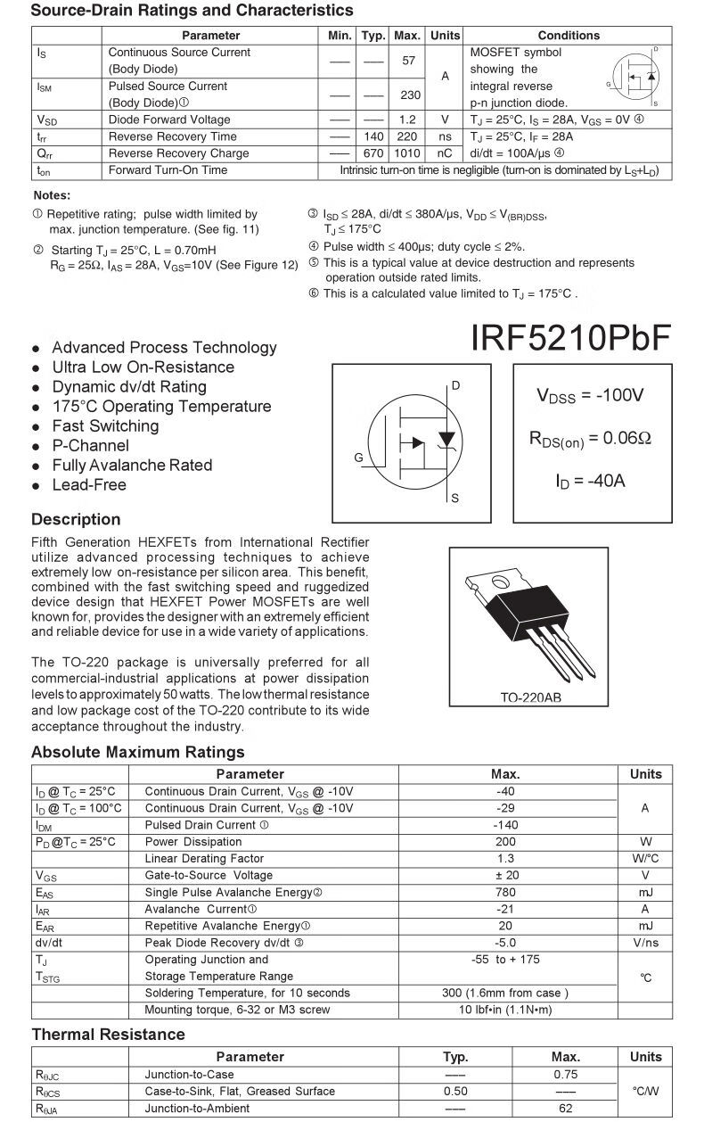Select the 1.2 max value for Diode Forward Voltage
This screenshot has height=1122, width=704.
click(x=407, y=120)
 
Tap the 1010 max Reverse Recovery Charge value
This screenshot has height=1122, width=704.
click(x=407, y=153)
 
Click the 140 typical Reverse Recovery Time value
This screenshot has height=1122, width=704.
click(x=373, y=136)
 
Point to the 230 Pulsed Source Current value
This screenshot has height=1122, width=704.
click(x=410, y=95)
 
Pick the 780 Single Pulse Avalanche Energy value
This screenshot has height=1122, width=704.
click(x=505, y=892)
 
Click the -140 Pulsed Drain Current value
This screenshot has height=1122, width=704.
click(x=505, y=825)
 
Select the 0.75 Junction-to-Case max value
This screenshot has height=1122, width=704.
click(x=565, y=1075)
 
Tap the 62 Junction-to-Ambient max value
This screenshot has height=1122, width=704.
click(x=565, y=1109)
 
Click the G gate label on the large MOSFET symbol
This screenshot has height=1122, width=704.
click(x=358, y=458)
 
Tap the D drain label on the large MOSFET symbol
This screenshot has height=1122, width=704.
click(x=455, y=386)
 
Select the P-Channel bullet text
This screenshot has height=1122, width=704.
click(x=90, y=446)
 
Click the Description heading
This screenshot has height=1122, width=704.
click(x=76, y=519)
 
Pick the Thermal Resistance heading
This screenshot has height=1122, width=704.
click(x=108, y=1035)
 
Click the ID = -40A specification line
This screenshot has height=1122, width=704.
click(x=591, y=481)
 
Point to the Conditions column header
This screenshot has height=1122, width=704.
click(x=569, y=36)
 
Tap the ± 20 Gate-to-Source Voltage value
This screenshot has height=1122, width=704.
click(x=505, y=876)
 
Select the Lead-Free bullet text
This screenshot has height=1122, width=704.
click(x=89, y=485)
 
